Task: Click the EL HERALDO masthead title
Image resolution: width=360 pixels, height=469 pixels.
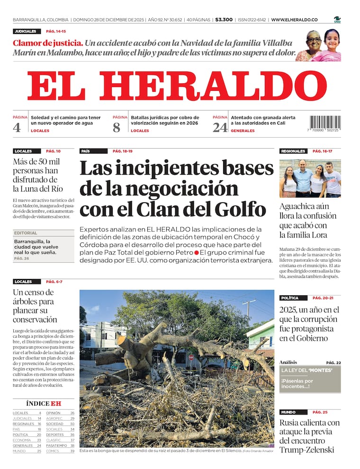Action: click(x=177, y=86)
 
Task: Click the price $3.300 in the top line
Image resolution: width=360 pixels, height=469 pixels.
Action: click(x=224, y=19)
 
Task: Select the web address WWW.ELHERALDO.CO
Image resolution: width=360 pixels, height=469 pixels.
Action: click(x=294, y=19)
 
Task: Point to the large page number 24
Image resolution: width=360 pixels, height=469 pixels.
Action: click(x=219, y=127)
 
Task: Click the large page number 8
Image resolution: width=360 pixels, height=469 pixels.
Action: click(x=117, y=127)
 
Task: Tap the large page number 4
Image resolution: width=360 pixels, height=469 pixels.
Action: click(x=17, y=127)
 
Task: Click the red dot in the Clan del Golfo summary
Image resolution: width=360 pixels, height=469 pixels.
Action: click(x=196, y=253)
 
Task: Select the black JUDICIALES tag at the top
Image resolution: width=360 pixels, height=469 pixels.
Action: click(x=26, y=31)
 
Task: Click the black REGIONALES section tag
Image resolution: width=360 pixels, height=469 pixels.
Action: click(x=293, y=151)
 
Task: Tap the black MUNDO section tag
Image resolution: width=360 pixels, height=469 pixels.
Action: click(x=288, y=412)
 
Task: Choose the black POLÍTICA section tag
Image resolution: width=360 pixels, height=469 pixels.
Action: click(x=289, y=298)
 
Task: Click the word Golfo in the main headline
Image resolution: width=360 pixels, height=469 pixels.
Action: click(x=243, y=209)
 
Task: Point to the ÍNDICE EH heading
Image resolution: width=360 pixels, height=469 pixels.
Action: click(x=44, y=403)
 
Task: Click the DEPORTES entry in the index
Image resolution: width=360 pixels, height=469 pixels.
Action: click(x=55, y=434)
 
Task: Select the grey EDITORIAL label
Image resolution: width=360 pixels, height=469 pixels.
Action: click(x=26, y=233)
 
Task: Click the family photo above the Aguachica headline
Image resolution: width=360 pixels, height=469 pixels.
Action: click(x=310, y=178)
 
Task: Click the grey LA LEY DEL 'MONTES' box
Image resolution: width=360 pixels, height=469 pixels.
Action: click(x=310, y=379)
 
